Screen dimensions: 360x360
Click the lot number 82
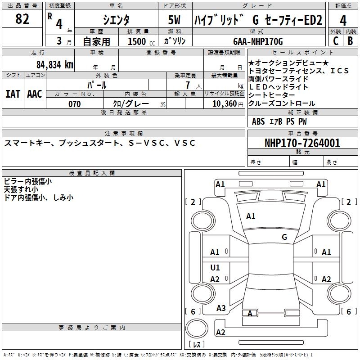point(22,20)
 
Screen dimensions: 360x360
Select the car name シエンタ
point(116,20)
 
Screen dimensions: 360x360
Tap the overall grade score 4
point(343,21)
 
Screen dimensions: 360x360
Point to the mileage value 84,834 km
point(54,64)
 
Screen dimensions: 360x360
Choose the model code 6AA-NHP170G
point(258,41)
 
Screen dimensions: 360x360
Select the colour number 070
point(74,104)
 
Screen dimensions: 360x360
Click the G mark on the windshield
point(284,237)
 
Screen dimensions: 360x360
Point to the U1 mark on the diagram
point(215,268)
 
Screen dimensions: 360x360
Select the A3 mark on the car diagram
point(221,308)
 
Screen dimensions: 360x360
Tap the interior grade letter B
point(350,41)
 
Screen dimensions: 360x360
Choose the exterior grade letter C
point(336,41)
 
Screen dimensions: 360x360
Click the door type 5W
point(175,20)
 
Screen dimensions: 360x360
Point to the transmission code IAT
point(13,94)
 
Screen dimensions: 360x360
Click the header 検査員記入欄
point(92,173)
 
